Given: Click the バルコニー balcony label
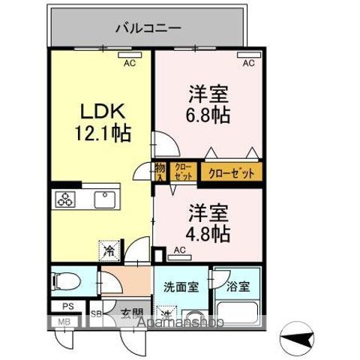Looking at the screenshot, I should click(x=148, y=28).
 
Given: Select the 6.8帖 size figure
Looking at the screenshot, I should click(x=207, y=116).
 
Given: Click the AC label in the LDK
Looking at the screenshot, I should click(x=129, y=64).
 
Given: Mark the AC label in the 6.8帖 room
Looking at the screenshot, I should click(x=248, y=64).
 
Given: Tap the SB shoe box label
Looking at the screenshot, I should click(x=97, y=313).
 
